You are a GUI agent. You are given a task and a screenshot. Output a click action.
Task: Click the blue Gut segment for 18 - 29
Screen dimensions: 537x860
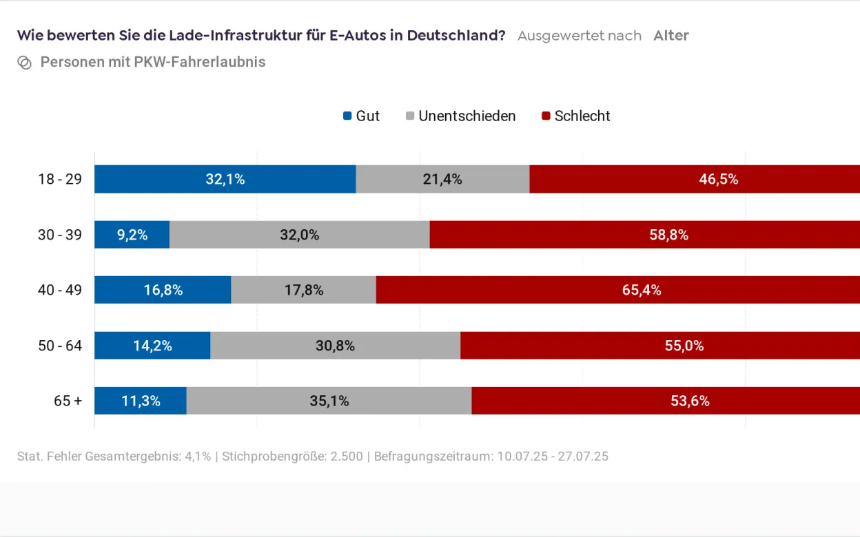tap(225, 179)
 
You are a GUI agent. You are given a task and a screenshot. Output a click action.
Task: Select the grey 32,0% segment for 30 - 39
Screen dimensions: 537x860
tap(299, 235)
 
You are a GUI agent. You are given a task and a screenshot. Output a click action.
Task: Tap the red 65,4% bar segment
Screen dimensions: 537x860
tap(617, 290)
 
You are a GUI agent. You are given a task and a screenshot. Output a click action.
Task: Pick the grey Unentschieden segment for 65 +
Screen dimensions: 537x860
tap(329, 401)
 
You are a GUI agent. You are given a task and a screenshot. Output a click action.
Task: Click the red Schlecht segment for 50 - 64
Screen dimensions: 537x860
tap(659, 346)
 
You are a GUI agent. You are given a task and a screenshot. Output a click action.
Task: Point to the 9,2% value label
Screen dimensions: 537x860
tap(132, 235)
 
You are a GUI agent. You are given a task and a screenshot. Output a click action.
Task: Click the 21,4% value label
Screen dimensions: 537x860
tap(442, 179)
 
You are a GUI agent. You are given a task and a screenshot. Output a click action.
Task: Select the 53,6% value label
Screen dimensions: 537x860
tap(690, 401)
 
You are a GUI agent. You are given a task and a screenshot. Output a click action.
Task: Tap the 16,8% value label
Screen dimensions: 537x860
tap(163, 290)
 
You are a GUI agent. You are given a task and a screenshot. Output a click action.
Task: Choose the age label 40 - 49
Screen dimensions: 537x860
tap(60, 290)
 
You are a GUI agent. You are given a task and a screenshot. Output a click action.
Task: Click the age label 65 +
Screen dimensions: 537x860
tap(68, 401)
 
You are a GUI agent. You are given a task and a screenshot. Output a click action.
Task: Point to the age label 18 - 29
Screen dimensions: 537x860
tap(60, 179)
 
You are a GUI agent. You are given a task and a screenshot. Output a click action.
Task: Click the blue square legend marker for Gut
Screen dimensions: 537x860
tap(347, 116)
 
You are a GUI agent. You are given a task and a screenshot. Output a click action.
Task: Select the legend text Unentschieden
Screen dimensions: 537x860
tap(467, 116)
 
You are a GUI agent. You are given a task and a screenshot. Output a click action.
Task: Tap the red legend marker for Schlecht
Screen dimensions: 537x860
tap(546, 116)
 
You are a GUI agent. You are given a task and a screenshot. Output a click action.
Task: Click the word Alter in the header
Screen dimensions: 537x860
tap(671, 36)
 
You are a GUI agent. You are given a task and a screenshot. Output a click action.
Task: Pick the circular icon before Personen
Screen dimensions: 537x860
tap(25, 63)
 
